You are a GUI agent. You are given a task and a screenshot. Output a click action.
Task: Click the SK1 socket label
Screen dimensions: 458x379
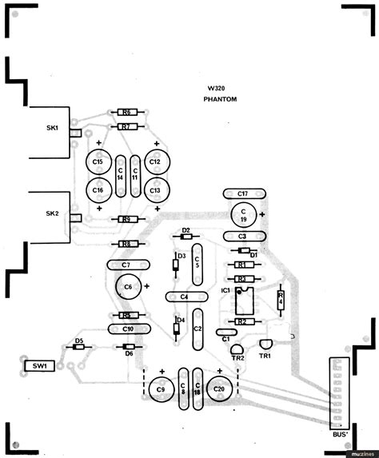click(x=52, y=129)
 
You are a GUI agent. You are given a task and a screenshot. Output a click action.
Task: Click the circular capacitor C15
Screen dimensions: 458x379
click(x=98, y=162)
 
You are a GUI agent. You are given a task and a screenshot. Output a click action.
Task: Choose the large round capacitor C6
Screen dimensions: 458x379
click(x=127, y=286)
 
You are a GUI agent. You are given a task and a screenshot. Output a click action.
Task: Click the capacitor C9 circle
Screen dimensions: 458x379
click(x=160, y=389)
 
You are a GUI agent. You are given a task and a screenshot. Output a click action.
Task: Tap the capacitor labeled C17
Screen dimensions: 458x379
click(x=242, y=193)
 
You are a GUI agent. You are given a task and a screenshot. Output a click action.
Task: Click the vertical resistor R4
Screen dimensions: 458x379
click(x=280, y=299)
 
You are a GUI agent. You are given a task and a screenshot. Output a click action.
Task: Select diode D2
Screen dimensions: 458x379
click(x=186, y=237)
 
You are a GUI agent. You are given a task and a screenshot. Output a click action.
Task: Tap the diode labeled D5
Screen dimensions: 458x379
click(x=79, y=347)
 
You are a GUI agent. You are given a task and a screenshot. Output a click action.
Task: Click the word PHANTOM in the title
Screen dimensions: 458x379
click(x=221, y=98)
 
